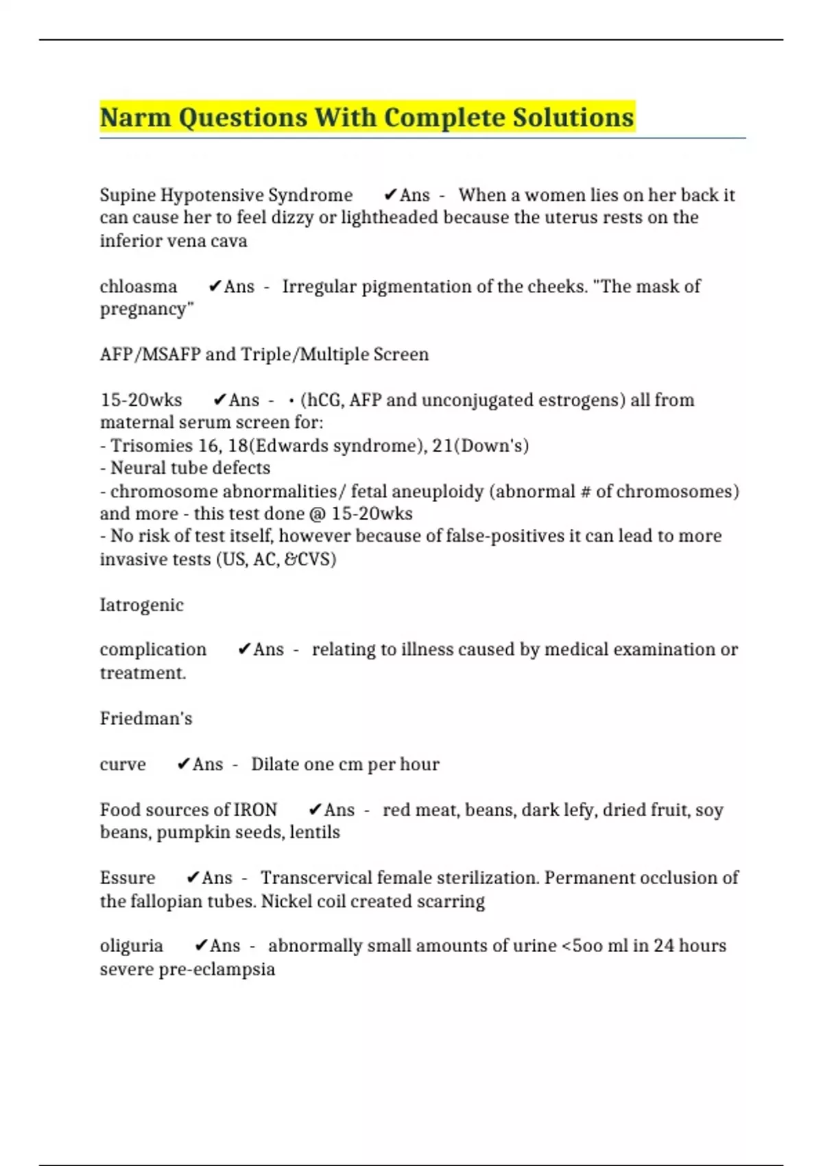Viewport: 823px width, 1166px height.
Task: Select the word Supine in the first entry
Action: [128, 195]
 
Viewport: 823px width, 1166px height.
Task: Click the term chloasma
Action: [139, 287]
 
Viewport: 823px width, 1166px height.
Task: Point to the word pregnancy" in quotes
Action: [147, 309]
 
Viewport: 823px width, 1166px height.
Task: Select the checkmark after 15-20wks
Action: [220, 400]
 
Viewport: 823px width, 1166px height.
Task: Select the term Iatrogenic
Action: [142, 606]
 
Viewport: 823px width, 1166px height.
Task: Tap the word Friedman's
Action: [146, 719]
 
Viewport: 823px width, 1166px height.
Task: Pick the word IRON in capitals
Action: [256, 810]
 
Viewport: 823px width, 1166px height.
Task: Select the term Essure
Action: [128, 878]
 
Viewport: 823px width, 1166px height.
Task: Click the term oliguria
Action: [132, 947]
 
